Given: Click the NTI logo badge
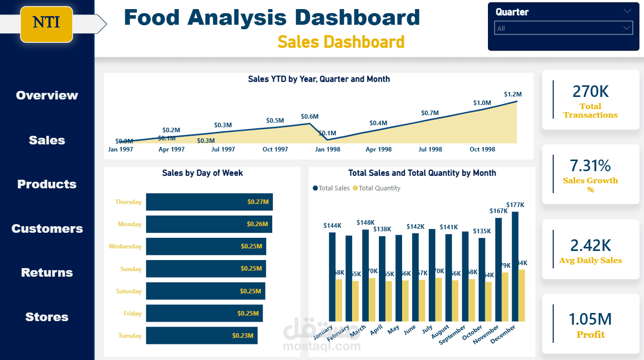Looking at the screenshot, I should pyautogui.click(x=46, y=23).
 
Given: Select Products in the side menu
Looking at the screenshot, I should pyautogui.click(x=47, y=184).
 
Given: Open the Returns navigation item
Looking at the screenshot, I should pyautogui.click(x=47, y=273).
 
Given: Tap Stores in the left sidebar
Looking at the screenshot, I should pyautogui.click(x=47, y=317).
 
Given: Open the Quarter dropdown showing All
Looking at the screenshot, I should pyautogui.click(x=563, y=28).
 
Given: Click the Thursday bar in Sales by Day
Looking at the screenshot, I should pyautogui.click(x=209, y=202).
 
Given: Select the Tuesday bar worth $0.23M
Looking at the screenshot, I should pyautogui.click(x=202, y=335).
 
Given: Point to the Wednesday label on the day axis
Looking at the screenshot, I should pyautogui.click(x=125, y=246).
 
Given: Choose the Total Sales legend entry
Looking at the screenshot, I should pyautogui.click(x=331, y=188).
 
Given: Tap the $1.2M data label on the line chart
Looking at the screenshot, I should pyautogui.click(x=513, y=94).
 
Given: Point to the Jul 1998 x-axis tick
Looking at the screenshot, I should pyautogui.click(x=430, y=149).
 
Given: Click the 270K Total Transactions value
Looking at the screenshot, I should pyautogui.click(x=590, y=91).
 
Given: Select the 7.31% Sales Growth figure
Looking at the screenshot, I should pyautogui.click(x=590, y=166).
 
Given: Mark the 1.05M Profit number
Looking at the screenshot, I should pyautogui.click(x=590, y=319).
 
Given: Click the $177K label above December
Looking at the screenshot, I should pyautogui.click(x=515, y=205).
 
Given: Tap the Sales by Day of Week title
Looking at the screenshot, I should pyautogui.click(x=202, y=173).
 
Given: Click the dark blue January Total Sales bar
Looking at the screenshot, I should pyautogui.click(x=332, y=277).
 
